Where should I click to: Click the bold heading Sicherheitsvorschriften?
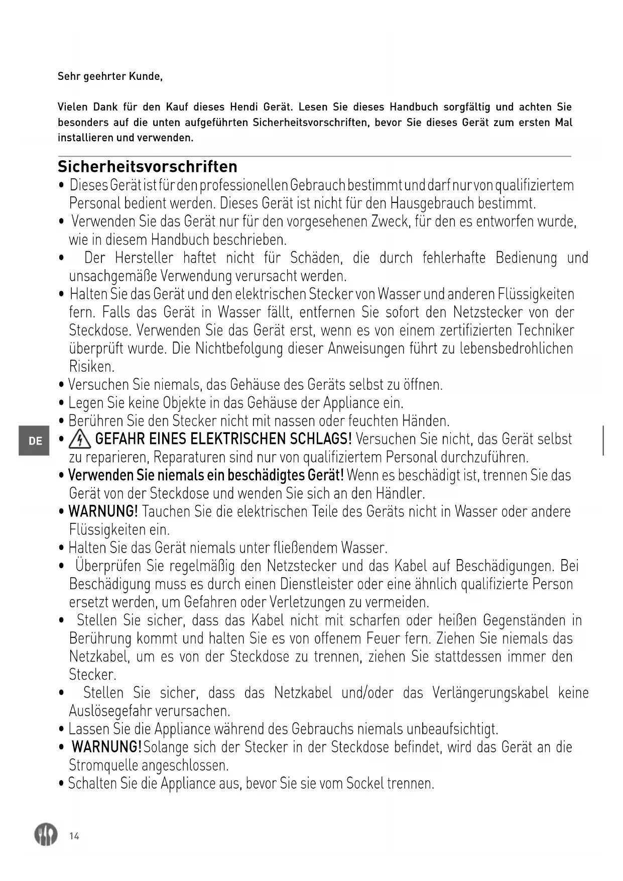point(148,166)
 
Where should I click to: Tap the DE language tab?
point(35,441)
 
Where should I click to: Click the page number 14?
point(74,836)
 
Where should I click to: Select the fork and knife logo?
point(46,835)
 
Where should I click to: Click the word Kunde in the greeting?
point(145,76)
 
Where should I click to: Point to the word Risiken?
point(91,367)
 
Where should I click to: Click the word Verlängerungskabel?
point(490,693)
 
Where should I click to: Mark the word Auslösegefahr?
point(104,711)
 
